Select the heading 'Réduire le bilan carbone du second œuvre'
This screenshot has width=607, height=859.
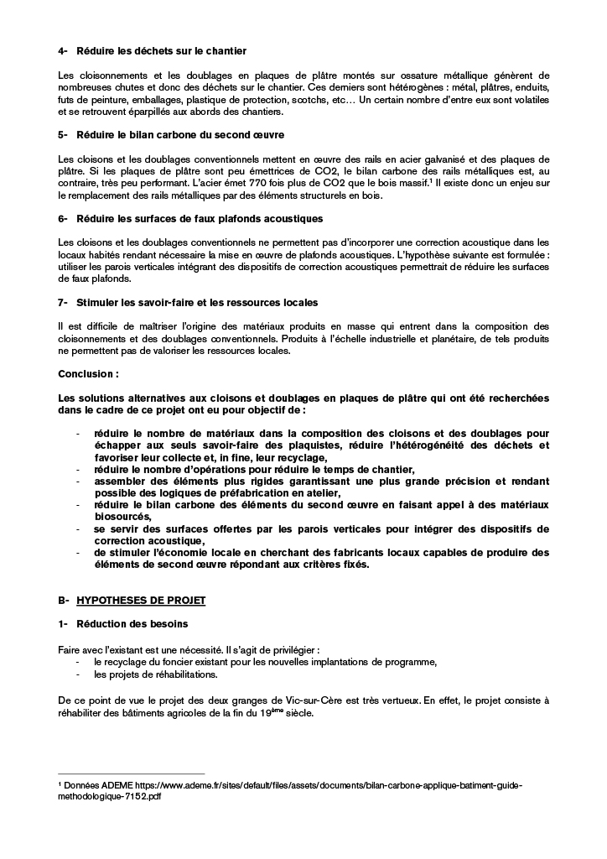[179, 134]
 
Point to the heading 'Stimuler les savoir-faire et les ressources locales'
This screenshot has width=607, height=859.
[196, 301]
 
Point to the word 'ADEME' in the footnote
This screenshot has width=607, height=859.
[117, 784]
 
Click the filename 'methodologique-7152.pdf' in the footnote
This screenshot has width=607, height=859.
[110, 796]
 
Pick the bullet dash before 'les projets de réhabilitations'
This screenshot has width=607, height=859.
[77, 674]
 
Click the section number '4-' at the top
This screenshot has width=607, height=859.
[63, 52]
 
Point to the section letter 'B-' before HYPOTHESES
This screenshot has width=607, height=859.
[63, 601]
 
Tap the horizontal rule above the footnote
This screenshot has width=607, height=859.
[131, 773]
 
